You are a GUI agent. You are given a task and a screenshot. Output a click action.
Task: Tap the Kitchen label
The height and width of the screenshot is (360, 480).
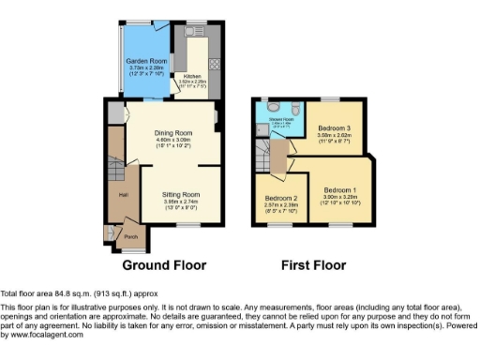pos(191,76)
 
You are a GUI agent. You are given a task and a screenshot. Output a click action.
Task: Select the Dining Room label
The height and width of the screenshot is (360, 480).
pos(172,132)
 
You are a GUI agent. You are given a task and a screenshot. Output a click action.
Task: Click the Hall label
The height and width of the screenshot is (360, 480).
pos(122,195)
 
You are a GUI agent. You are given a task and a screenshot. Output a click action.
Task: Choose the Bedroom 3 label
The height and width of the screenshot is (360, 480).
pos(334,128)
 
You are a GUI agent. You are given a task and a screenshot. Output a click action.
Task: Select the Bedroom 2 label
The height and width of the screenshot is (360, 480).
pos(280,199)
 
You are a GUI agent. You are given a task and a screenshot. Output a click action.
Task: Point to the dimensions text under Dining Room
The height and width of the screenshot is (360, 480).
pos(172,144)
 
